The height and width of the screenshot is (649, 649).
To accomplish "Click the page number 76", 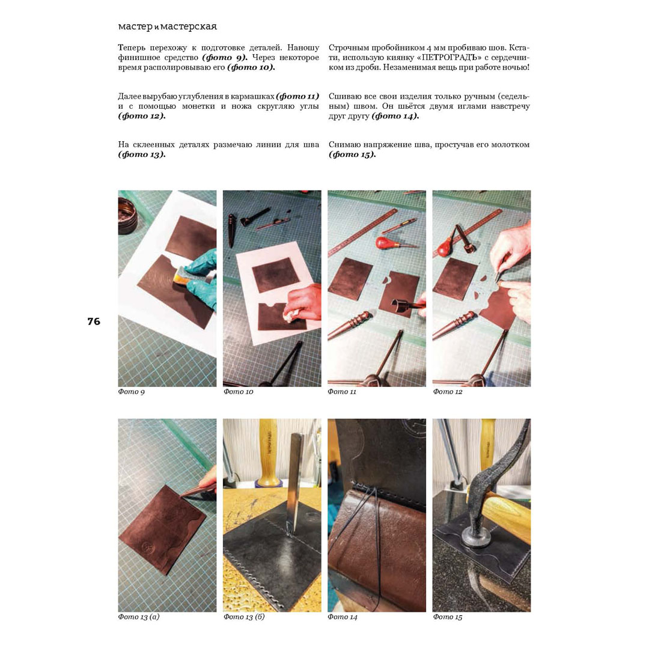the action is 94,321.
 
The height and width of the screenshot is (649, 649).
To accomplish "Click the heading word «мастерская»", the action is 188,26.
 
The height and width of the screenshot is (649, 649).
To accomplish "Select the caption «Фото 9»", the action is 131,392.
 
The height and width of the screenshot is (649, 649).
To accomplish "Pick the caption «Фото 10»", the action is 239,392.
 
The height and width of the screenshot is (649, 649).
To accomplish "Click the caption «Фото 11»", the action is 342,392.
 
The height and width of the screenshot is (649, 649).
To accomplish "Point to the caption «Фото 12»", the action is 448,392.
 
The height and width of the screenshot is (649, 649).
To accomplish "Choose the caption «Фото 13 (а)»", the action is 139,617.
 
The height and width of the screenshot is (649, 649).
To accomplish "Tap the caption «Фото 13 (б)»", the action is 244,617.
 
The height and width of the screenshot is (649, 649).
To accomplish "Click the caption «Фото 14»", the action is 343,617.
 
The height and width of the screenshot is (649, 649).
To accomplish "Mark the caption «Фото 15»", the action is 448,617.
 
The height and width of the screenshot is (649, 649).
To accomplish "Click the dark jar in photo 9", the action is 127,216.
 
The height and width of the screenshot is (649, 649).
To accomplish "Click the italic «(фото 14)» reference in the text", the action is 395,116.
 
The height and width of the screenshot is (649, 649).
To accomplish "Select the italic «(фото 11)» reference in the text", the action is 297,96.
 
